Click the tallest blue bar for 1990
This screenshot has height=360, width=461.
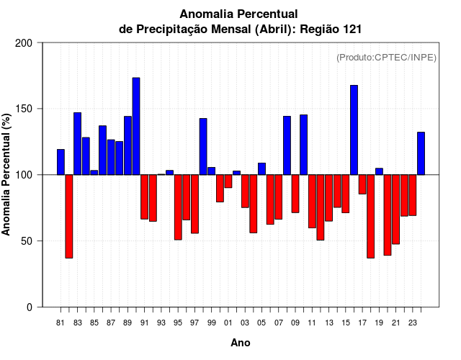pos(136,126)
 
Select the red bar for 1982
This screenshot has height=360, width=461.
pos(69,216)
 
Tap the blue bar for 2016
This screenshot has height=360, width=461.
pos(354,130)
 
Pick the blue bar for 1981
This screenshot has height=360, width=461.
pos(61,162)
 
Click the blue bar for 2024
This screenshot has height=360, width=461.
pos(421,153)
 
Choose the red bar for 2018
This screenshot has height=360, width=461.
pos(371,216)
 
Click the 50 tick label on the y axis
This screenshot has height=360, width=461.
pos(27,241)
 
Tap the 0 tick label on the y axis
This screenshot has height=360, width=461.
pos(30,307)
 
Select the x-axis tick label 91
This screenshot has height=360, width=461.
pos(144,323)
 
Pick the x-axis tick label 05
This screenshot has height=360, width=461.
pos(261,323)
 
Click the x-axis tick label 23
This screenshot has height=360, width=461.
pos(413,323)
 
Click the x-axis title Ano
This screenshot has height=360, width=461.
pos(241,343)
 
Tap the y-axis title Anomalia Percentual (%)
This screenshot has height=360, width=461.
pos(6,175)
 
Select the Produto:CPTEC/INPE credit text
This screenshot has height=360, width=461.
pos(386,58)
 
